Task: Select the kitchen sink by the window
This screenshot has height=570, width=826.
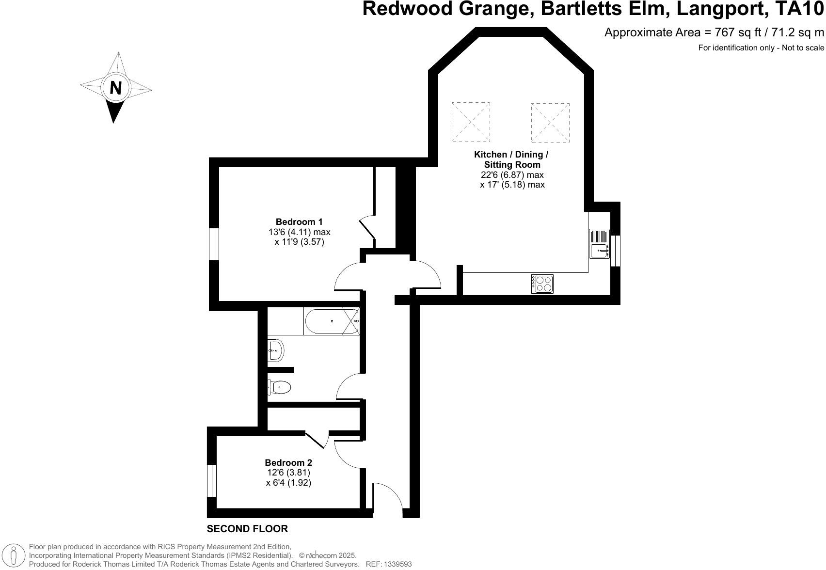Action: pyautogui.click(x=599, y=244)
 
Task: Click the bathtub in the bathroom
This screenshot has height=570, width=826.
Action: pyautogui.click(x=332, y=321)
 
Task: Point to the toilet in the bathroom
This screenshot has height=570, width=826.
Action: pyautogui.click(x=280, y=387)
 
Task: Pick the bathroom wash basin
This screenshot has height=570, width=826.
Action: pyautogui.click(x=276, y=349)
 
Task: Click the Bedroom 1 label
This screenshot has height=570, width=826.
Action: pyautogui.click(x=299, y=222)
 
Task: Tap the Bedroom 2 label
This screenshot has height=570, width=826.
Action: pyautogui.click(x=288, y=462)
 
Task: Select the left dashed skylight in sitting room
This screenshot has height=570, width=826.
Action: pyautogui.click(x=470, y=122)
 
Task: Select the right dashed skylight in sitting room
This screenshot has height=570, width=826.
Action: pyautogui.click(x=550, y=122)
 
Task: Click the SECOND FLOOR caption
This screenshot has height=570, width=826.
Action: pyautogui.click(x=247, y=529)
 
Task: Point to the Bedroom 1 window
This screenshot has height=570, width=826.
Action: pyautogui.click(x=214, y=244)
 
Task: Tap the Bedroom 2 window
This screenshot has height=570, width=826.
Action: pyautogui.click(x=211, y=481)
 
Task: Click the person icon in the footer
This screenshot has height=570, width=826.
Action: pyautogui.click(x=14, y=555)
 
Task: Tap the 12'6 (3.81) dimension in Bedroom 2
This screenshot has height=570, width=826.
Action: pyautogui.click(x=288, y=473)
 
